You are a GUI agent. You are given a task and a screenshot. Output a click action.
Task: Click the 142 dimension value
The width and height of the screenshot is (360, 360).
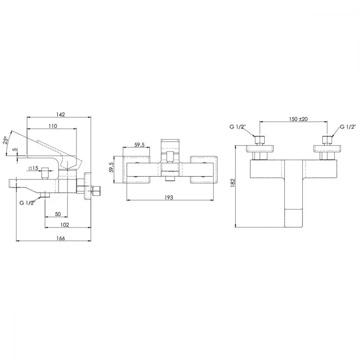pos(60,114)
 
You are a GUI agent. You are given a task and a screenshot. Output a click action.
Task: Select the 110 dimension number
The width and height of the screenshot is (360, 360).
pos(53,126)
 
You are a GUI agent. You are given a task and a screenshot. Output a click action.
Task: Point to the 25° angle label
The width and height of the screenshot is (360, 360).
pos(6,140)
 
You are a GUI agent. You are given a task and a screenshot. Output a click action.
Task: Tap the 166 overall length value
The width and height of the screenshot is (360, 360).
pos(60,238)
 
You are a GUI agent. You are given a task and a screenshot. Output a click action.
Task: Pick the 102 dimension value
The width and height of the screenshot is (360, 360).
pos(64,225)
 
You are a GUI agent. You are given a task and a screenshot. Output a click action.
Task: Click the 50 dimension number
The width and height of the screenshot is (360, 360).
pos(58,214)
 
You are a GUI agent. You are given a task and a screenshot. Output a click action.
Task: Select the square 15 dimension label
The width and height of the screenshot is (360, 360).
pos(33,168)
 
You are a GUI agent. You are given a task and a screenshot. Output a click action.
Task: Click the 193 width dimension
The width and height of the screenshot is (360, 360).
pos(168,197)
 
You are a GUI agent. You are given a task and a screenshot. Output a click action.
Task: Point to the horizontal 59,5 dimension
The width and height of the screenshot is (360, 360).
pos(139,145)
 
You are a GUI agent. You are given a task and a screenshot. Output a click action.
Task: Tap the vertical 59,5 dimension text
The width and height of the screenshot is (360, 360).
pos(111,167)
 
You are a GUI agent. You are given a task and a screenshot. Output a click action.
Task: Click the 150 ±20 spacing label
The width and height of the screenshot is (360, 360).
pos(298,119)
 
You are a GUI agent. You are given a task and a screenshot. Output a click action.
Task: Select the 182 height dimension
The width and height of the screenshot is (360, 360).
pos(233,183)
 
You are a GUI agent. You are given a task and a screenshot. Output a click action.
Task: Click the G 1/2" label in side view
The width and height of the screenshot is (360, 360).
pos(27,203)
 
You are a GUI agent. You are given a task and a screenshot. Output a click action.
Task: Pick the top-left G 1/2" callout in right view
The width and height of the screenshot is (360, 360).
pos(238,127)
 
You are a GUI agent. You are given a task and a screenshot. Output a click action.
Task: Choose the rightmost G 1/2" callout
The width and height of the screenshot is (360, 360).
pos(348,127)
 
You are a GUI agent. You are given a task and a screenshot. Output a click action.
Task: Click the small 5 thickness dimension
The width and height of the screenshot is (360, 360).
pos(15,149)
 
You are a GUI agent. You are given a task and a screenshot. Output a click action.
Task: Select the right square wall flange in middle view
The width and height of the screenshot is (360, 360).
pos(204,170)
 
